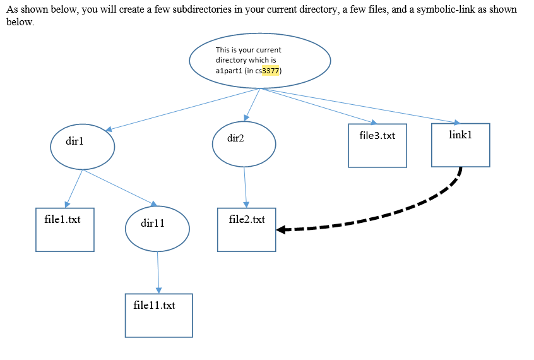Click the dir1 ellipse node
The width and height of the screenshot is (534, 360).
point(82,146)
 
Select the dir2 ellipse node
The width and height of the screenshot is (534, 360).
point(244,144)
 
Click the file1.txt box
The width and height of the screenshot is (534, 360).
point(65,230)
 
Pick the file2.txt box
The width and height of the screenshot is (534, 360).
point(246,229)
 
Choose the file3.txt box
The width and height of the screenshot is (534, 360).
point(377,145)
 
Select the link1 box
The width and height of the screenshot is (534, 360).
point(460,145)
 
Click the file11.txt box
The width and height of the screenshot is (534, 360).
point(158,315)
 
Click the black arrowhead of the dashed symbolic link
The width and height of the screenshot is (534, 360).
point(282,230)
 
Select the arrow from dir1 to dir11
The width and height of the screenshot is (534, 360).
point(120,187)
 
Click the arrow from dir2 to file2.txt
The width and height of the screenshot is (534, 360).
point(245,187)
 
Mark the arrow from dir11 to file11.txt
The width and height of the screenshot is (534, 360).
point(158,272)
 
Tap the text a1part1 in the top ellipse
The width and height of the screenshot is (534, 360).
point(228,71)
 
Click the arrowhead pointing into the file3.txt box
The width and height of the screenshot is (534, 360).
point(374,122)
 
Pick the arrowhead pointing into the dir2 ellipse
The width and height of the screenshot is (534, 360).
point(247,117)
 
